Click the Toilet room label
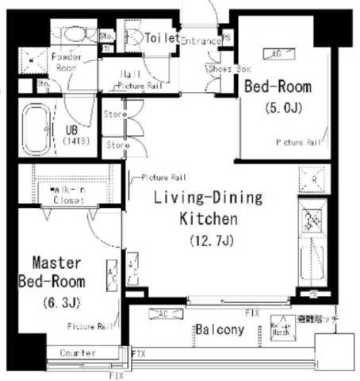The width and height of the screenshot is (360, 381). click(163, 37)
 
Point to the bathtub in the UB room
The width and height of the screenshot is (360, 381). click(33, 129)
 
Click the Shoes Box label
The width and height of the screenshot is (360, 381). click(224, 69)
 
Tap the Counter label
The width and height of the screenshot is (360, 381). click(76, 352)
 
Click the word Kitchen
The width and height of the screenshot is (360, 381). click(208, 217)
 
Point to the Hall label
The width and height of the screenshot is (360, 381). click(131, 74)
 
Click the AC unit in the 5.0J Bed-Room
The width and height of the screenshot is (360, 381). click(277, 53)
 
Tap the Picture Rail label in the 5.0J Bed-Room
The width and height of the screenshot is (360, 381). click(298, 143)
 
